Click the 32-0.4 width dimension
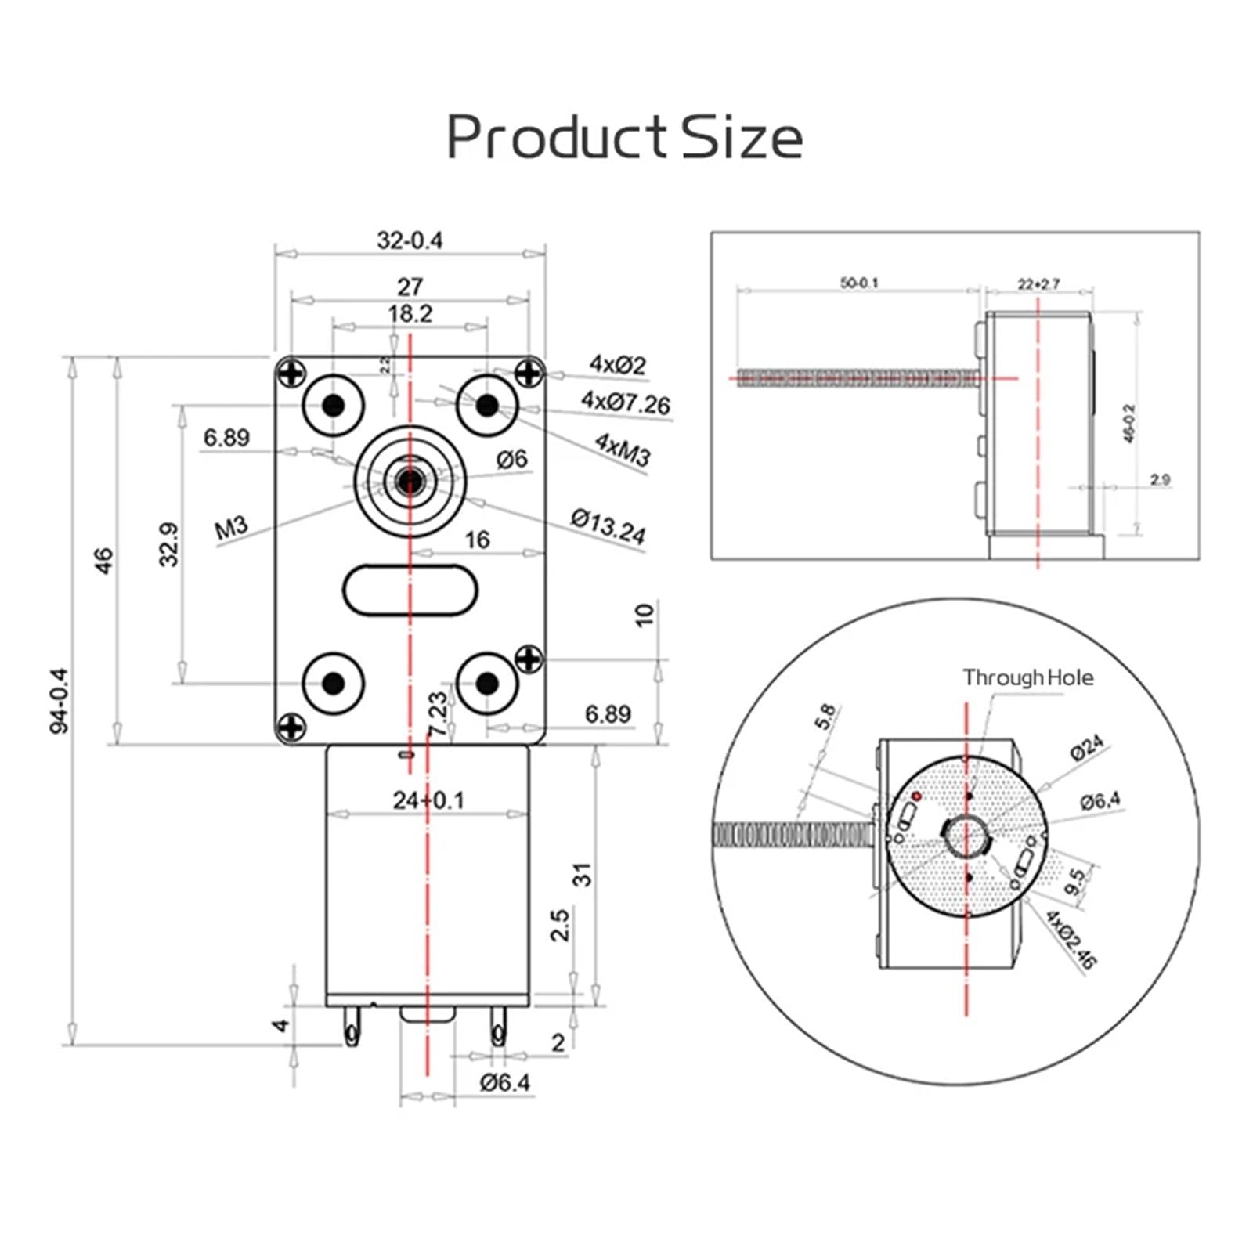click(x=409, y=240)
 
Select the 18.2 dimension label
click(x=410, y=314)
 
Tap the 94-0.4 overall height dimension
click(x=60, y=700)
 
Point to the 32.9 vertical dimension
click(x=169, y=544)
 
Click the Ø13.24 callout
click(x=608, y=526)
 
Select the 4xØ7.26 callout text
click(x=625, y=403)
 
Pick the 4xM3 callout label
click(x=623, y=450)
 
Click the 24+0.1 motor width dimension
click(x=428, y=800)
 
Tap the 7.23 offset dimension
click(x=439, y=713)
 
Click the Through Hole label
click(x=1027, y=677)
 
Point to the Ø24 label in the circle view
click(x=1087, y=747)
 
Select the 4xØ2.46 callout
click(x=1071, y=940)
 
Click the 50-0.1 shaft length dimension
click(x=859, y=283)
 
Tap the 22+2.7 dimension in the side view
click(x=1038, y=283)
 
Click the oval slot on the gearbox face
click(x=410, y=591)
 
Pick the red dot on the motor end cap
click(x=915, y=796)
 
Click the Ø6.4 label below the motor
click(x=505, y=1083)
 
